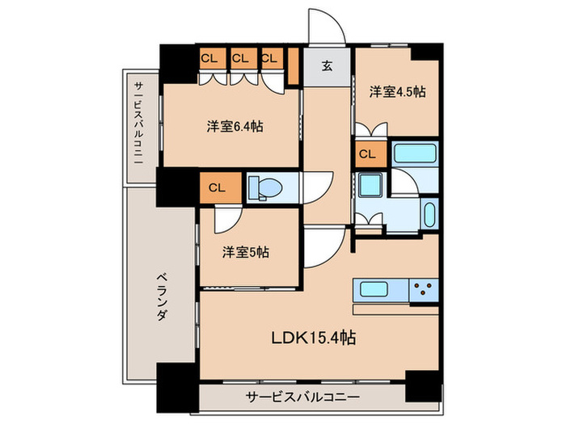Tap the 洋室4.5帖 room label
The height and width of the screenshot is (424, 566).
[x=397, y=92]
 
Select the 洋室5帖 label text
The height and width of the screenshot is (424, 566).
[x=246, y=251]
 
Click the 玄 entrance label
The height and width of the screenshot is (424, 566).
[x=328, y=67]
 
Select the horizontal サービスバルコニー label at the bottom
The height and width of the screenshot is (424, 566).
[x=303, y=397]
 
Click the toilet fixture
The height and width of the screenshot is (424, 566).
[x=267, y=188]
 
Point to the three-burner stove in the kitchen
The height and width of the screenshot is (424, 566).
[x=423, y=289]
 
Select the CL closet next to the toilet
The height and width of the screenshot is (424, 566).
[x=216, y=187]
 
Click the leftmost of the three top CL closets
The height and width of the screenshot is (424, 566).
[x=209, y=58]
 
